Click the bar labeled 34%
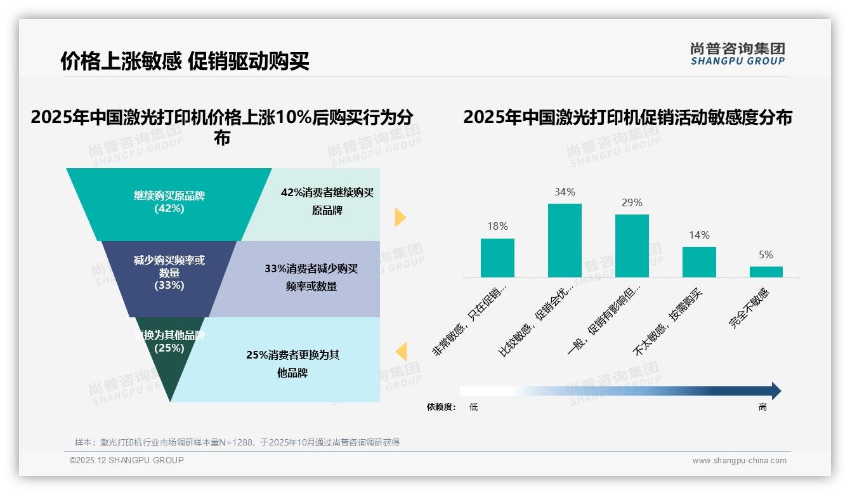click(565, 241)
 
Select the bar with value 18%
click(497, 258)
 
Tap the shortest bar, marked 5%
click(766, 272)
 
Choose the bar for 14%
click(699, 262)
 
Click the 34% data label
click(565, 192)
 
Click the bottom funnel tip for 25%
click(169, 362)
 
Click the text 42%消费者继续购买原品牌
click(327, 201)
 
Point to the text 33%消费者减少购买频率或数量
click(311, 277)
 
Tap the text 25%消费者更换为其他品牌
click(292, 364)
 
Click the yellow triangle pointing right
click(400, 217)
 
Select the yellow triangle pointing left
click(401, 352)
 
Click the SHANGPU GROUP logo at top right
click(737, 53)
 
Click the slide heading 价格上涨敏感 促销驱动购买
click(185, 61)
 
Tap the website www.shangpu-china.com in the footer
click(739, 461)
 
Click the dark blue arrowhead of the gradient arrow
click(775, 391)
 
